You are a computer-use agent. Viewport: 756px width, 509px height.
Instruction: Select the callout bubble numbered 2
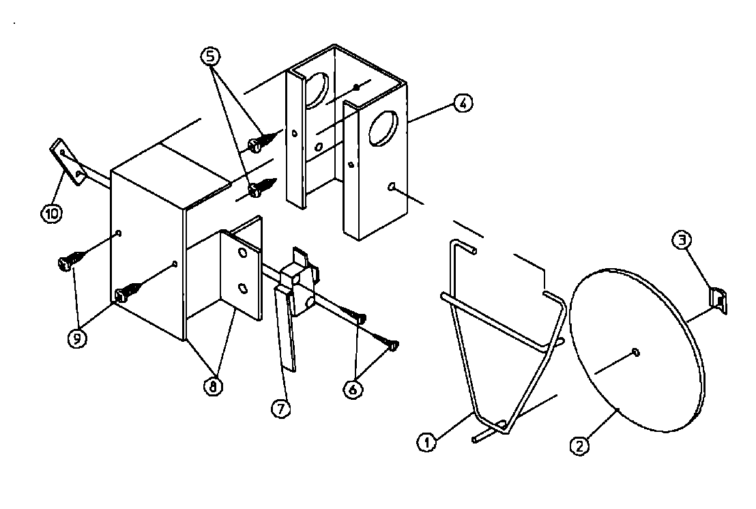tap(579, 447)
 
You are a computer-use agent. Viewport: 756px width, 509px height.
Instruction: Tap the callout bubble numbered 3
tap(682, 239)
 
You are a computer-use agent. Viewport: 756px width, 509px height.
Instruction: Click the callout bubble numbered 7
tap(280, 408)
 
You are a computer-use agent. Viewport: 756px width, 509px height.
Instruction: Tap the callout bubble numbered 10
tap(52, 214)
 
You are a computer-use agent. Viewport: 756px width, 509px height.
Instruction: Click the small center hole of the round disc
tap(636, 352)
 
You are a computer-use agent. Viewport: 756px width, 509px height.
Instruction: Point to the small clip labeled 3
tap(718, 300)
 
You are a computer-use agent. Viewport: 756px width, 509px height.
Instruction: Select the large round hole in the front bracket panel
tap(383, 128)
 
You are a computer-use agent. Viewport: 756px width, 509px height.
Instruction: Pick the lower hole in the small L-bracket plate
tap(242, 289)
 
